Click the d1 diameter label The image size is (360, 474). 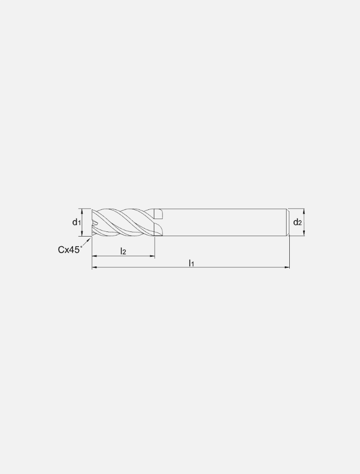point(76,223)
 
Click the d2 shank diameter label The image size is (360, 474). point(298,223)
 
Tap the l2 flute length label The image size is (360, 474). point(123,251)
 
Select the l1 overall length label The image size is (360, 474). point(191,263)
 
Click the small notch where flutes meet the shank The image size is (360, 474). point(158,214)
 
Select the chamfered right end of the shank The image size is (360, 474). point(288,223)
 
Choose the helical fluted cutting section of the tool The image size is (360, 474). point(124,223)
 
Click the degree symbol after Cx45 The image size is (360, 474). point(82,246)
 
